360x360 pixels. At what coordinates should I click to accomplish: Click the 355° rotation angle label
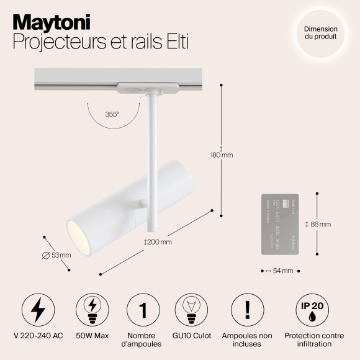(112, 115)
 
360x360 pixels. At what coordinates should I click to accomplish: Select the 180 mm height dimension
(222, 155)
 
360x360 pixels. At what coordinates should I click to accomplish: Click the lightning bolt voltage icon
(38, 310)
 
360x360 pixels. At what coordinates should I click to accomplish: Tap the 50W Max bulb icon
(91, 310)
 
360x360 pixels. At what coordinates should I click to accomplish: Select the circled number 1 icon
(143, 310)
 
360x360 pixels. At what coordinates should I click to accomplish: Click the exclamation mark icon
(247, 310)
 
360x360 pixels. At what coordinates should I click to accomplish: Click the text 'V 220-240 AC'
(38, 336)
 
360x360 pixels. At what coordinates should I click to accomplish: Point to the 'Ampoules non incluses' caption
(247, 340)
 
